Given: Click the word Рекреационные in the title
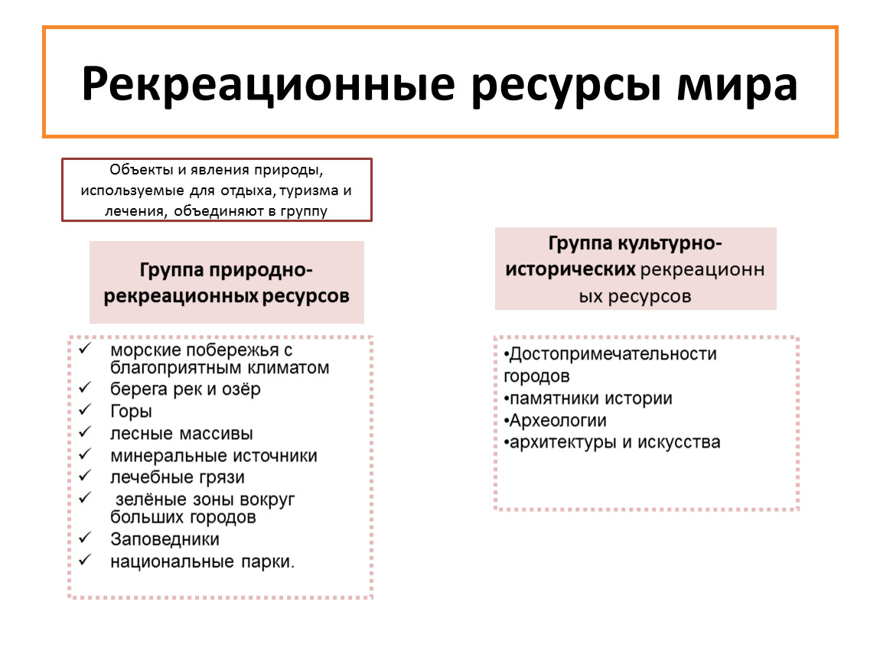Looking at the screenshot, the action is pos(269,84).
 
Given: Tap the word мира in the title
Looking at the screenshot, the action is pos(737,85).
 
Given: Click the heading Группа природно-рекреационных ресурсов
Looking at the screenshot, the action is pos(227,282).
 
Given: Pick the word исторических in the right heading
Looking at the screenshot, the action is pos(570,270).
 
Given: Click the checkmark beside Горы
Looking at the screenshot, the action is pos(85,410).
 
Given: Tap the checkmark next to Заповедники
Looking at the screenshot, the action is pos(85,538).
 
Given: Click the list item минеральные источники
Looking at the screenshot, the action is pos(213,456).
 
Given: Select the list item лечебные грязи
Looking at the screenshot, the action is pos(178,477).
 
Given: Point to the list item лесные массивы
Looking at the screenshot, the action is pos(181,434).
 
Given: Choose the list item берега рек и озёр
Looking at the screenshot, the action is pos(185,389).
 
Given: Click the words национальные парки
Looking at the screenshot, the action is pos(203,562).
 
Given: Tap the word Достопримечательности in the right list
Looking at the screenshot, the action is pos(613,354).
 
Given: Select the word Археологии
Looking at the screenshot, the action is pos(558,420).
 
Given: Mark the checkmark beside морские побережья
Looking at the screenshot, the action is pos(85,348).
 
